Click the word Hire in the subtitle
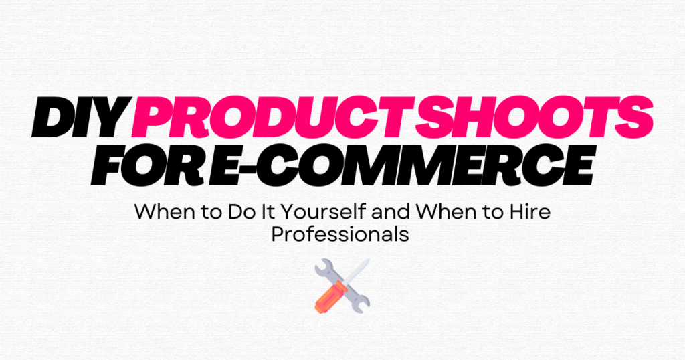click(x=530, y=213)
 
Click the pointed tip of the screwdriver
click(x=367, y=261)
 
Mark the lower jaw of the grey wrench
click(x=361, y=306)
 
